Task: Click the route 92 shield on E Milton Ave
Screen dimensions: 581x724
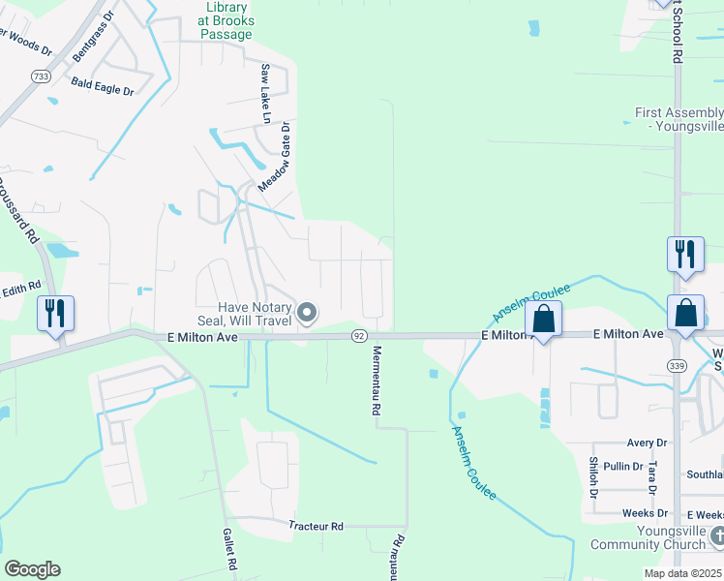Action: click(x=359, y=335)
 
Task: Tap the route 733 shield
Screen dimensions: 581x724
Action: click(x=41, y=76)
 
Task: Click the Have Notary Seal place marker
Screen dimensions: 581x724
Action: click(x=308, y=312)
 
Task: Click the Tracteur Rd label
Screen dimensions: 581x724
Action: click(x=316, y=526)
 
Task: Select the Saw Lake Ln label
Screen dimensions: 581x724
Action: click(x=266, y=93)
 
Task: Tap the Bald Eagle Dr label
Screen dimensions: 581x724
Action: click(x=102, y=88)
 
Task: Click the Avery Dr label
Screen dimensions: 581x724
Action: click(x=648, y=443)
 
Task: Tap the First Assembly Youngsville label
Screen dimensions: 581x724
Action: click(x=679, y=119)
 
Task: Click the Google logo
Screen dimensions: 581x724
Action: click(x=32, y=569)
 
